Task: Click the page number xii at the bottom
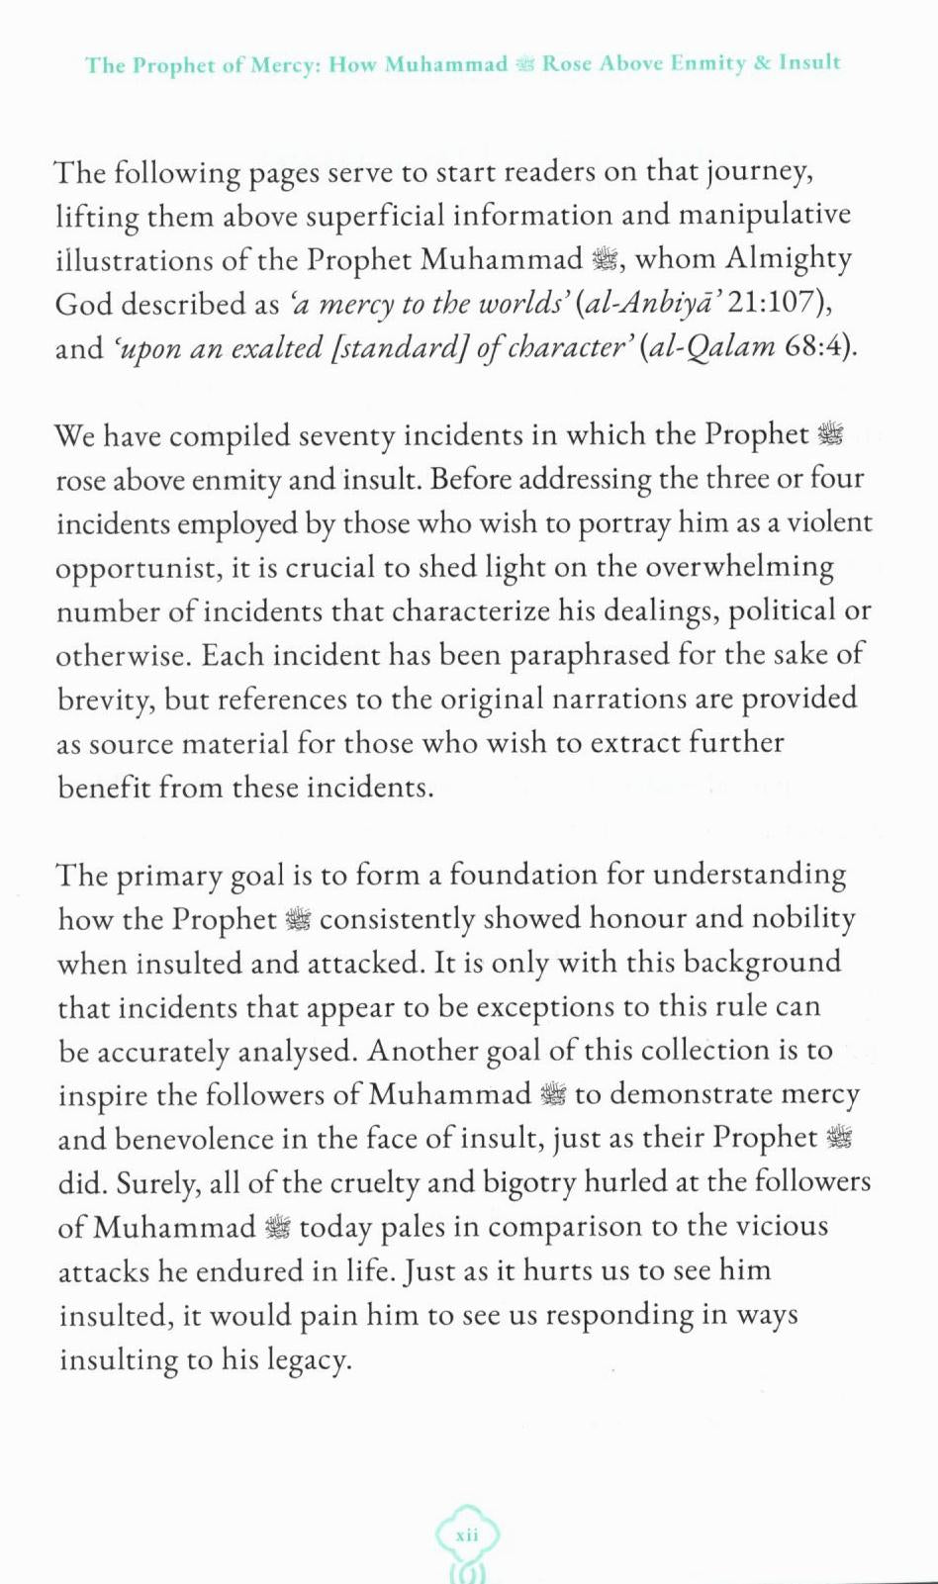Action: (x=467, y=1535)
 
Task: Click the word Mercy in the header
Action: (x=281, y=65)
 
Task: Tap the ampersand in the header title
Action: (x=762, y=63)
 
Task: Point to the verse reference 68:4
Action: (x=814, y=348)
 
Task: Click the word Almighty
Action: (x=788, y=259)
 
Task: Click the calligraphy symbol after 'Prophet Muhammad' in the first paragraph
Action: (x=604, y=260)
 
